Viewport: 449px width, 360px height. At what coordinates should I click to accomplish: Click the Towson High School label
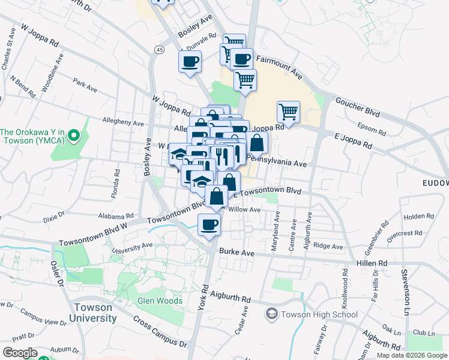click(x=319, y=314)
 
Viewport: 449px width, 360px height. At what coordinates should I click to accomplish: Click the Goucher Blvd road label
click(x=358, y=107)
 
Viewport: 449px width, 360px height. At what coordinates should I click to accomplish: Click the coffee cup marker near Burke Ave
click(x=209, y=225)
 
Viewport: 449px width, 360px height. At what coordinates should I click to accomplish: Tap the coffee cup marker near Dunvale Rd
click(x=190, y=61)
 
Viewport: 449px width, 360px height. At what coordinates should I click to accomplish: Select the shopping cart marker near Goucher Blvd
click(x=289, y=111)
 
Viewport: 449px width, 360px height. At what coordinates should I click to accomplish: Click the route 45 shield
click(x=159, y=49)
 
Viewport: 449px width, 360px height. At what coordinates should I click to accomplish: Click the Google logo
click(x=20, y=352)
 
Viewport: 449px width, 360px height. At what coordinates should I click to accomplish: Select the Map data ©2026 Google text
click(x=412, y=355)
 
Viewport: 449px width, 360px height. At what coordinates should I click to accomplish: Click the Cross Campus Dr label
click(x=160, y=332)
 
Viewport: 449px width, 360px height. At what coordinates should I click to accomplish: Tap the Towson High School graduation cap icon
click(x=271, y=314)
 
